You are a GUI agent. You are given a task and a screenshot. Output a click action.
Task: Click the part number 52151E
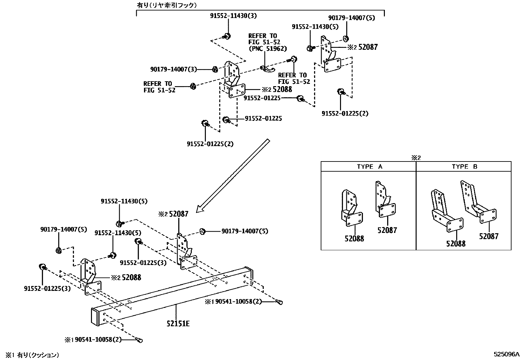(178, 324)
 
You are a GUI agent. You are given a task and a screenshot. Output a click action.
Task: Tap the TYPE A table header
(369, 166)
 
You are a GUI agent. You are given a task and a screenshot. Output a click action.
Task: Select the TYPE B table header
(464, 166)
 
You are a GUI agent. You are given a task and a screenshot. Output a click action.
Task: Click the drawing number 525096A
(506, 354)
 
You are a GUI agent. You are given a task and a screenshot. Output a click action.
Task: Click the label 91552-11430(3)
(233, 16)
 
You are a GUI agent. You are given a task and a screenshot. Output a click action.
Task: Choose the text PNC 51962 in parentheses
(267, 48)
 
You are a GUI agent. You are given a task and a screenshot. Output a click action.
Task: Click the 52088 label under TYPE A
(354, 238)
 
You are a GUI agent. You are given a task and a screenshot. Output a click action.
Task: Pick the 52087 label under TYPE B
(489, 237)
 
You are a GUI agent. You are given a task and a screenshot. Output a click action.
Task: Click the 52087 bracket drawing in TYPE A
(385, 199)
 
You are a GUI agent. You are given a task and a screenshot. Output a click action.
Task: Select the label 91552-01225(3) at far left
(47, 289)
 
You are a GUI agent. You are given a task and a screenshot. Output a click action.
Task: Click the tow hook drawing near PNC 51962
(267, 68)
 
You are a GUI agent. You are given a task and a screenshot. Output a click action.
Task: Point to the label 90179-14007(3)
(173, 69)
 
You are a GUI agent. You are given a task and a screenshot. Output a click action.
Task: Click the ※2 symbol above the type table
(416, 158)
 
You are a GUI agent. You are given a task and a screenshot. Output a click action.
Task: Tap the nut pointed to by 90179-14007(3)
(215, 69)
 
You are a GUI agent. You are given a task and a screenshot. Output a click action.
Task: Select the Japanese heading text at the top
(167, 5)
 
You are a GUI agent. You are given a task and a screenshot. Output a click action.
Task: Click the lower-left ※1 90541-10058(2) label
(93, 339)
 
